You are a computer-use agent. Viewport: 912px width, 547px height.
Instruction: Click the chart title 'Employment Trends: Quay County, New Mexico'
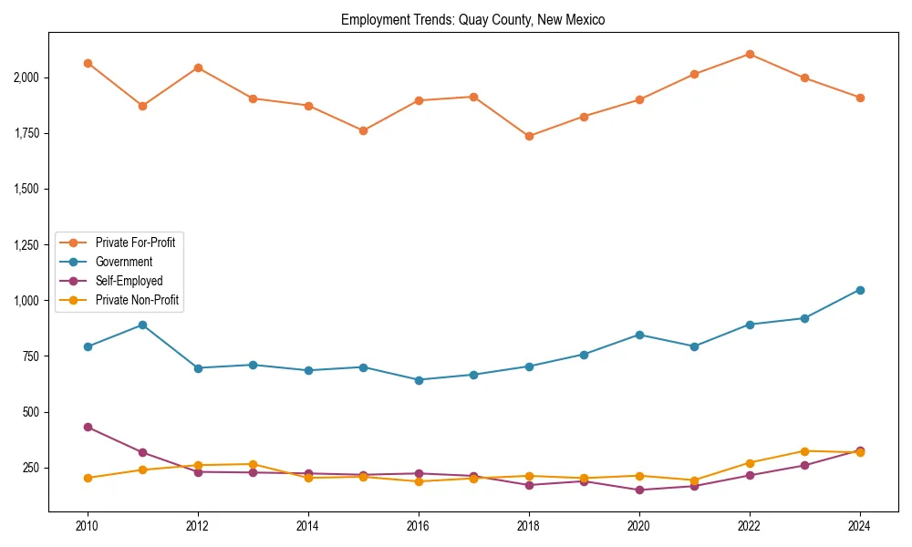pos(472,19)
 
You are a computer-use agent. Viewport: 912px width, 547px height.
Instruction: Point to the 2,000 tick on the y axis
pos(26,77)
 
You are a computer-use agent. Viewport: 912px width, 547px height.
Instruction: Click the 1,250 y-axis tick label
pos(26,244)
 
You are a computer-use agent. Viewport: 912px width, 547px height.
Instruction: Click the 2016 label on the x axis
pos(418,526)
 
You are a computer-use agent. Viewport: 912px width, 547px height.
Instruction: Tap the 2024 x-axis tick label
pos(859,526)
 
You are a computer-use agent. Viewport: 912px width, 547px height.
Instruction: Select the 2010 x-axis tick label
pos(88,526)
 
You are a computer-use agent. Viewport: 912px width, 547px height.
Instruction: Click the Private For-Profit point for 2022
pos(749,54)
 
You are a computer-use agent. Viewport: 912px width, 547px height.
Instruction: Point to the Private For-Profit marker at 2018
pos(529,136)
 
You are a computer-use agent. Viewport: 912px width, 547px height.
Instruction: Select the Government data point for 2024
pos(859,290)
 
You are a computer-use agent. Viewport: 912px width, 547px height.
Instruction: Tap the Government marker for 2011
pos(142,325)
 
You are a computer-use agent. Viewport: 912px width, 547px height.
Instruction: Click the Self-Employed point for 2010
pos(88,427)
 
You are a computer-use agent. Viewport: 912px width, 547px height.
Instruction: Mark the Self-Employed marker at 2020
pos(638,490)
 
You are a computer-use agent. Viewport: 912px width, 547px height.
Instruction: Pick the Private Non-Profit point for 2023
pos(804,451)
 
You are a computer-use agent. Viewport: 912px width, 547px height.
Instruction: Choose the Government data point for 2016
pos(418,380)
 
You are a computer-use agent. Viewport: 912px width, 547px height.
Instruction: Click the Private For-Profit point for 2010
pos(88,63)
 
